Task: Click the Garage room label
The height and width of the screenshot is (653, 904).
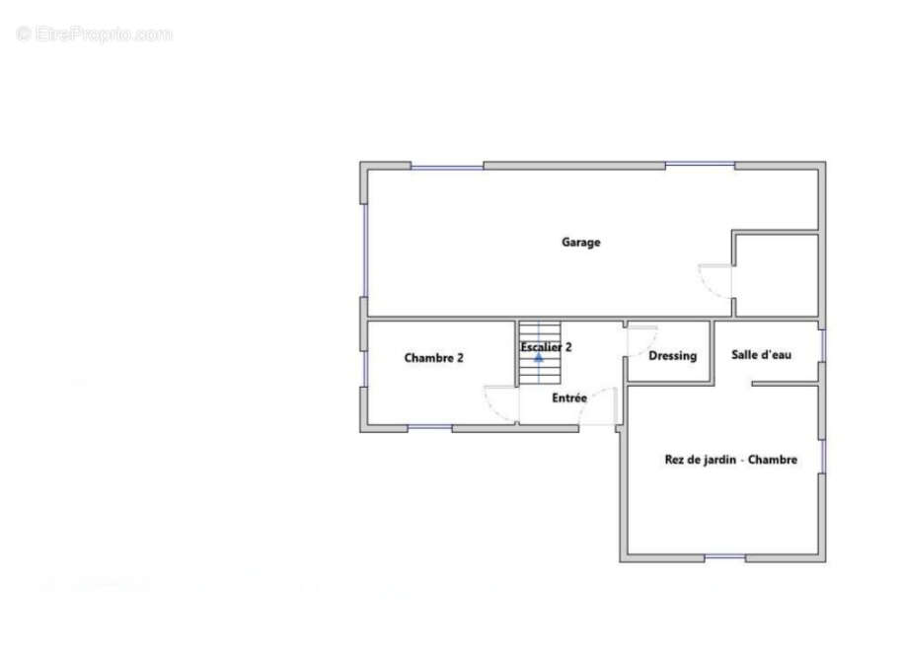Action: pyautogui.click(x=580, y=242)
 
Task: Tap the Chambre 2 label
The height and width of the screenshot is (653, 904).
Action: pyautogui.click(x=433, y=358)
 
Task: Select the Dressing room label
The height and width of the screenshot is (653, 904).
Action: pyautogui.click(x=672, y=356)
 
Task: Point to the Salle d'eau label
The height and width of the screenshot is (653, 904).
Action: pyautogui.click(x=761, y=354)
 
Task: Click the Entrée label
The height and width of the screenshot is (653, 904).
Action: pyautogui.click(x=569, y=398)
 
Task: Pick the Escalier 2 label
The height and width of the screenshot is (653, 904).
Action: pyautogui.click(x=546, y=347)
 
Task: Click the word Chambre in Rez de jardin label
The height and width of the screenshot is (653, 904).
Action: pyautogui.click(x=773, y=460)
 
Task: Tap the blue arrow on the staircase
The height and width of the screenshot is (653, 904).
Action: pyautogui.click(x=539, y=358)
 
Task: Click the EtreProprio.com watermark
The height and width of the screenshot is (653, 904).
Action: pyautogui.click(x=94, y=34)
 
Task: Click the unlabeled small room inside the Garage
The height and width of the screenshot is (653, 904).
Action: pyautogui.click(x=777, y=275)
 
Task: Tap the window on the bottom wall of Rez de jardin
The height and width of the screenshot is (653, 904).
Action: pyautogui.click(x=724, y=557)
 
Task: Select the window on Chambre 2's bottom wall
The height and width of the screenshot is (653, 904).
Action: pyautogui.click(x=430, y=428)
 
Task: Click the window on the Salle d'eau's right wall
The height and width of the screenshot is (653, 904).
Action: pyautogui.click(x=823, y=345)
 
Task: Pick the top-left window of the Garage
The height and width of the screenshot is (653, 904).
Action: pyautogui.click(x=447, y=167)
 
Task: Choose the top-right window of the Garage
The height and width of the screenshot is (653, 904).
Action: pyautogui.click(x=700, y=166)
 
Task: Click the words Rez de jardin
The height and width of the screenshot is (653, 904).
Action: pyautogui.click(x=701, y=460)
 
